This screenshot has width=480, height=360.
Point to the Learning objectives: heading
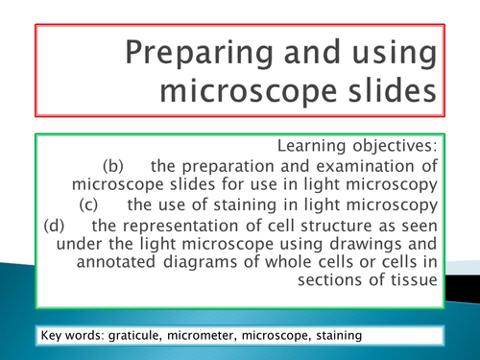(x=357, y=146)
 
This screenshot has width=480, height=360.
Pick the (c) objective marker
(x=91, y=204)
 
